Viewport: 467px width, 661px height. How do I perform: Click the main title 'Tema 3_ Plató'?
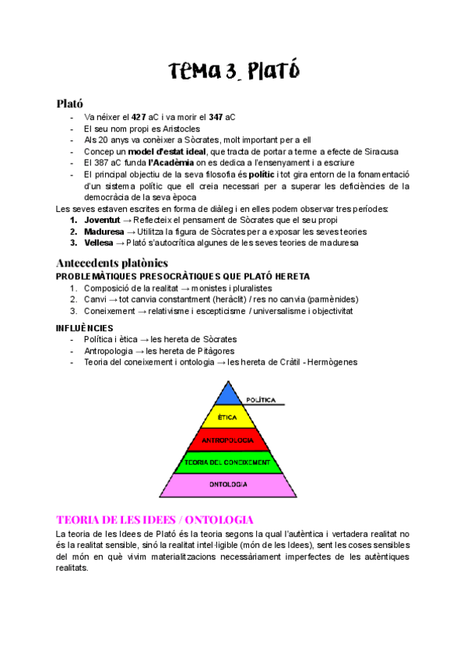coord(233,71)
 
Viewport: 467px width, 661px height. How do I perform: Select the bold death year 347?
coord(216,117)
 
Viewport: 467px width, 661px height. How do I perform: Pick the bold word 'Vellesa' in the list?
coord(100,242)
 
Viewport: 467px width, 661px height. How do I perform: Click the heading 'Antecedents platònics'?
coord(112,263)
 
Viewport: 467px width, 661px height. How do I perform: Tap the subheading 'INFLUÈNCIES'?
coord(85,328)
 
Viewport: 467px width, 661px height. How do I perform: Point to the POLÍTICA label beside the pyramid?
coord(261,400)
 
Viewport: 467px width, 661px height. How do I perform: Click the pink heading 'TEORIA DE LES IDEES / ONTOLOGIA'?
coord(154,518)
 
